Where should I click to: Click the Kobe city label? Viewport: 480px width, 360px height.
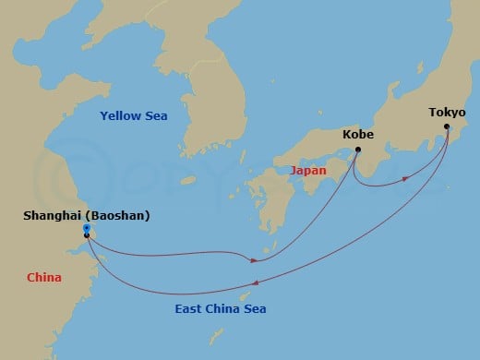pyautogui.click(x=358, y=134)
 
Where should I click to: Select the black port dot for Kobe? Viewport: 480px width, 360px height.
pyautogui.click(x=358, y=150)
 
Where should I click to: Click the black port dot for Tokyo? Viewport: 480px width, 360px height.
pyautogui.click(x=448, y=127)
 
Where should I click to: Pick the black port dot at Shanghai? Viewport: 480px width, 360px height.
pyautogui.click(x=87, y=235)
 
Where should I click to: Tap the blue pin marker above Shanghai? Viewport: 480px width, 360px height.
pyautogui.click(x=86, y=227)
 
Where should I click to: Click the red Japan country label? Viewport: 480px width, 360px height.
pyautogui.click(x=308, y=171)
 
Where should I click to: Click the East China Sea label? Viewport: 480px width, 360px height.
pyautogui.click(x=221, y=308)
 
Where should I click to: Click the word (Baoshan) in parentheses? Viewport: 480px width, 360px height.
pyautogui.click(x=115, y=216)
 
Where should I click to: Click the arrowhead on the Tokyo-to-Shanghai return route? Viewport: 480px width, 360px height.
pyautogui.click(x=255, y=283)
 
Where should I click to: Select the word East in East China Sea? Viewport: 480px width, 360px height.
pyautogui.click(x=189, y=308)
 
